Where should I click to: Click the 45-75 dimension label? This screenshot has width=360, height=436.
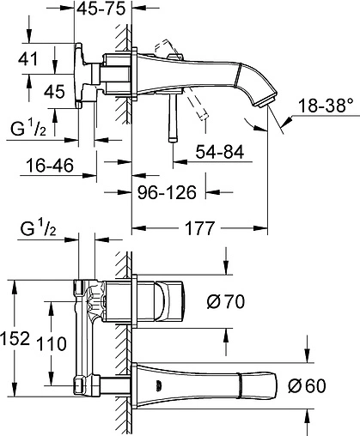(101, 9)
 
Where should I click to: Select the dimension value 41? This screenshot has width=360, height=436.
(27, 59)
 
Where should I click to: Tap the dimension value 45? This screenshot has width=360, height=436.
(54, 92)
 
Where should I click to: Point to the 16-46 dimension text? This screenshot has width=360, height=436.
(50, 166)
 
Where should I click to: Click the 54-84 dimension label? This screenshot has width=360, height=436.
(220, 152)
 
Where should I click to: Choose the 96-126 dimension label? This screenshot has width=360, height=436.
(167, 192)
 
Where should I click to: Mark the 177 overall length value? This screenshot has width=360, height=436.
(199, 228)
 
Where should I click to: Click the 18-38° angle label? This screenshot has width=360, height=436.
(326, 106)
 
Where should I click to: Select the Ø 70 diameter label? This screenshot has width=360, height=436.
(226, 302)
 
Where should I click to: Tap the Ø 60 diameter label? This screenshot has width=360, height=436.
(307, 385)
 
